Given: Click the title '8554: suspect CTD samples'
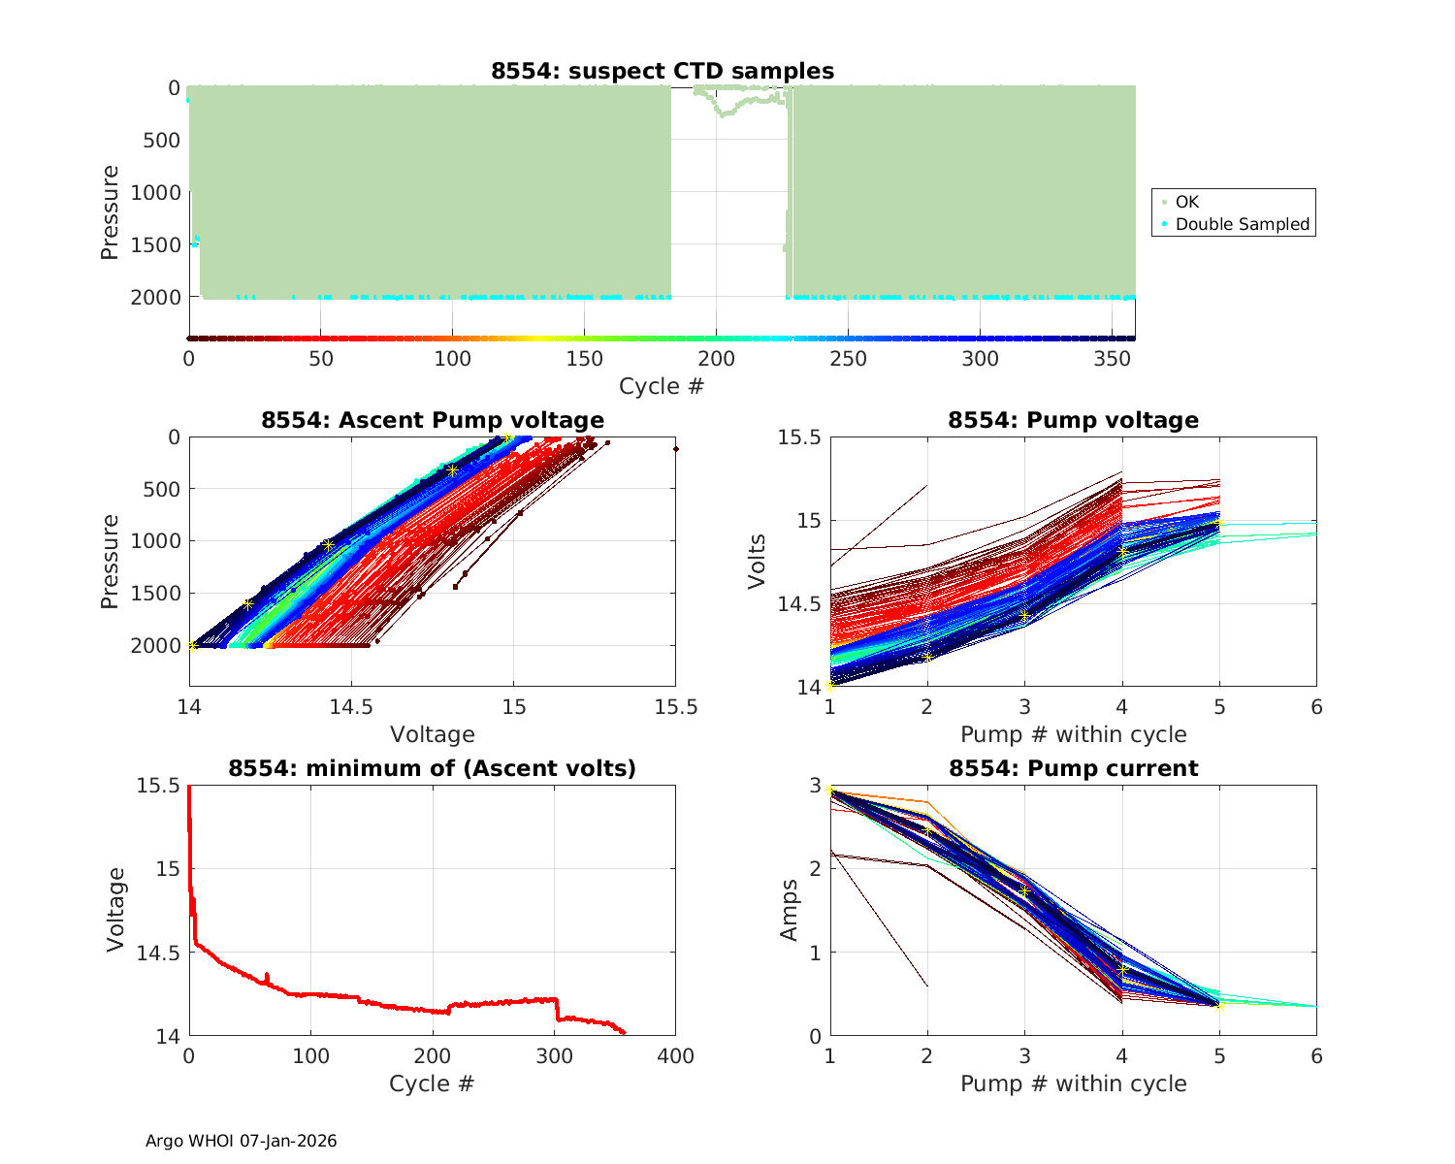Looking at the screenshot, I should tap(663, 71).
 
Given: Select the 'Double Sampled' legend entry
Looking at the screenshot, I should tap(1242, 224).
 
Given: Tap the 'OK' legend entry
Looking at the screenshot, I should tap(1187, 202).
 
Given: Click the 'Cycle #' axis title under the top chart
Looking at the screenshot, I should tap(662, 386).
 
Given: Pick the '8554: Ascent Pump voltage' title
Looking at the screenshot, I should tap(433, 420).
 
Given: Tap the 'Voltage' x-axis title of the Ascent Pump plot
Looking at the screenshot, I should tap(433, 734).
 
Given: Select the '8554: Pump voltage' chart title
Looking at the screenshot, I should tap(1073, 420).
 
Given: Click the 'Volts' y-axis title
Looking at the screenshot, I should tap(758, 561).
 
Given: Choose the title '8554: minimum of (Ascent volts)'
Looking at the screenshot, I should tap(433, 768).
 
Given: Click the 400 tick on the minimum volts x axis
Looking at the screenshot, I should tap(675, 1055).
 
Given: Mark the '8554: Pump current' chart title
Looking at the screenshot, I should tap(1073, 768).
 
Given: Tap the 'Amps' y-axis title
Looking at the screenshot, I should tap(790, 910).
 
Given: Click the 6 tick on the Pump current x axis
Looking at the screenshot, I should tap(1316, 1055).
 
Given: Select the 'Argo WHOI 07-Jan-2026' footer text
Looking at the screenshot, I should tap(242, 1141).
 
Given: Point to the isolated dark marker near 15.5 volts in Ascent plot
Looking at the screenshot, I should tap(675, 449).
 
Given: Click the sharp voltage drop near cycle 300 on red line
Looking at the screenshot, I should tap(557, 1010).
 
